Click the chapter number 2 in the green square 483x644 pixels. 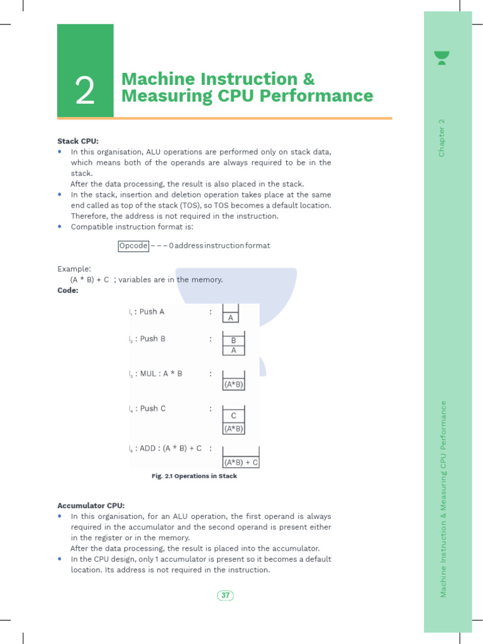(85, 92)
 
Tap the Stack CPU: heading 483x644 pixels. (78, 141)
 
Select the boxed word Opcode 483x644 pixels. (133, 245)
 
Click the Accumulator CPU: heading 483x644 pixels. (91, 505)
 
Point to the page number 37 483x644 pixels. (225, 595)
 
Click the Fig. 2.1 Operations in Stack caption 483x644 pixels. (194, 476)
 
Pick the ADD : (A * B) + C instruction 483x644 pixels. (170, 448)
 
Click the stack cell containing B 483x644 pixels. (233, 340)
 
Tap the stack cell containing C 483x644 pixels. (233, 416)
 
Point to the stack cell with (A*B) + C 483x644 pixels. (241, 462)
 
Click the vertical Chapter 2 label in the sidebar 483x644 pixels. (441, 138)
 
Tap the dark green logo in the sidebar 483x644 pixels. (442, 58)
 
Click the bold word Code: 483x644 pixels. (68, 290)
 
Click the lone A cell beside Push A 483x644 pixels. (231, 318)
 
